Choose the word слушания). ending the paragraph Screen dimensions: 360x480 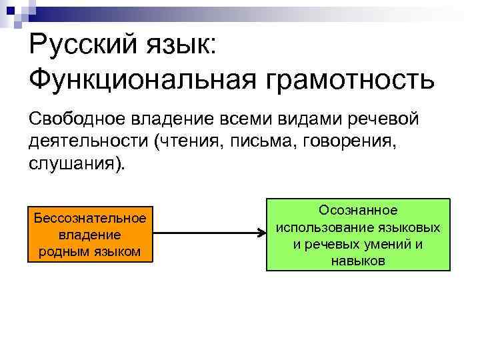point(77,164)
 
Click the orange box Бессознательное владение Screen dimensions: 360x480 point(89,235)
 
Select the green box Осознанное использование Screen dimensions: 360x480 point(358,235)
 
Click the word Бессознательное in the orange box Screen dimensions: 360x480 point(89,219)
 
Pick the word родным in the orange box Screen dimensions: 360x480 point(65,251)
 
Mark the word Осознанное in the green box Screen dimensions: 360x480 point(358,211)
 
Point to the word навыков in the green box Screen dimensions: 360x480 point(358,261)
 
